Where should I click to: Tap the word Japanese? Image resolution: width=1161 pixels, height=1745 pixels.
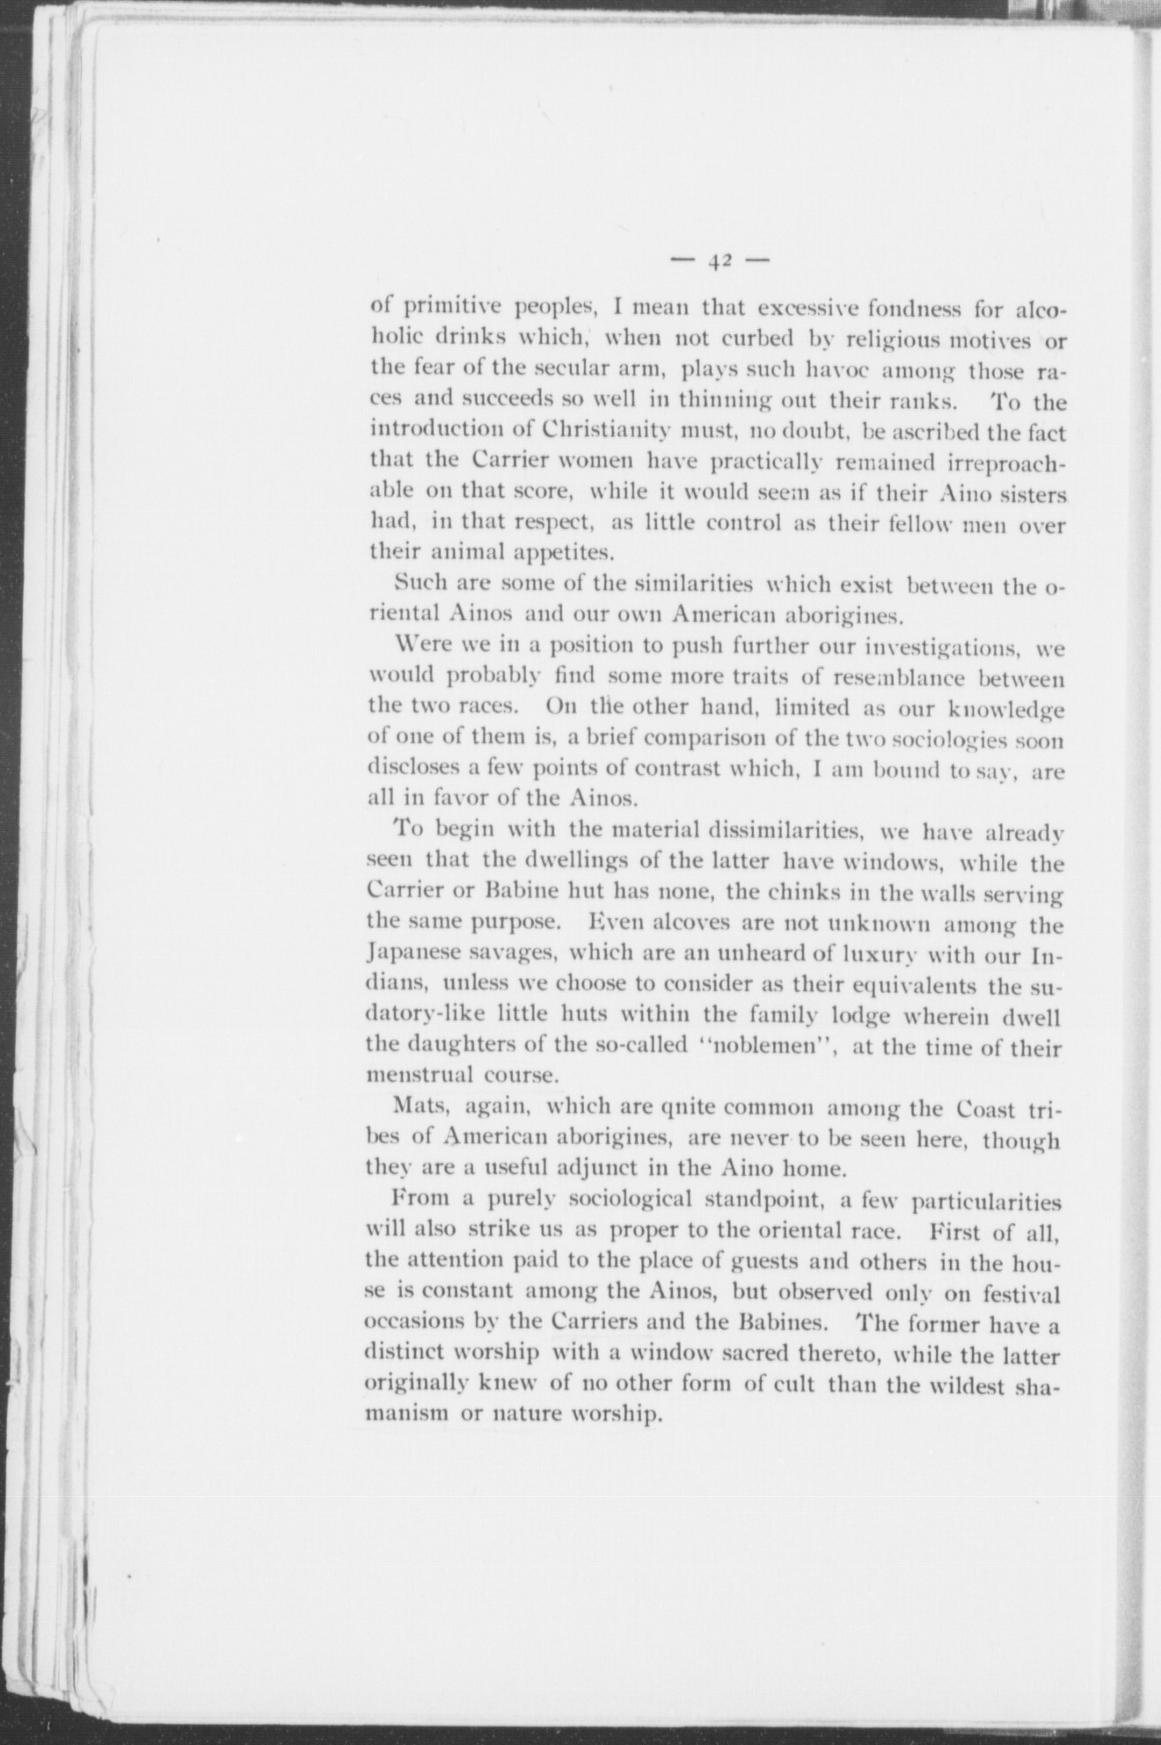412,954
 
